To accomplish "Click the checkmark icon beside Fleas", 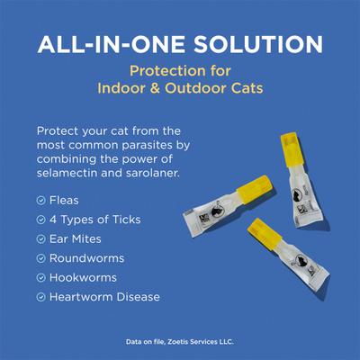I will [41, 201].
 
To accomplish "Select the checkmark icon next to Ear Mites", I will [41, 239].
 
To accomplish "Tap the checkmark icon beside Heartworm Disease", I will [41, 296].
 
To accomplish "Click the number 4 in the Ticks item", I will [53, 220].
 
